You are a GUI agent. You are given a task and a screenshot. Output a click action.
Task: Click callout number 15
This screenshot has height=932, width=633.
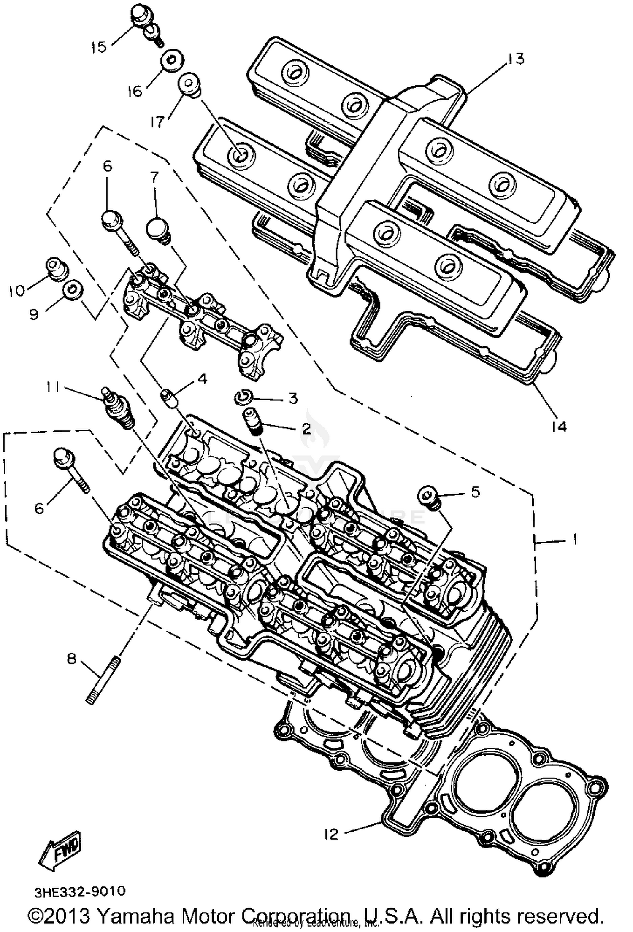click(99, 47)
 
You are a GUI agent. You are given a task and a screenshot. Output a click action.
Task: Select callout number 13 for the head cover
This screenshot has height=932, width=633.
click(516, 59)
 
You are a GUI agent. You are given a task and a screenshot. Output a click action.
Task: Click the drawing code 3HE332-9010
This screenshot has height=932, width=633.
click(80, 891)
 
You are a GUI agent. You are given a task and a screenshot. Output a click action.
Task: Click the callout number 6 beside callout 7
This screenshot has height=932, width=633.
click(108, 166)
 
